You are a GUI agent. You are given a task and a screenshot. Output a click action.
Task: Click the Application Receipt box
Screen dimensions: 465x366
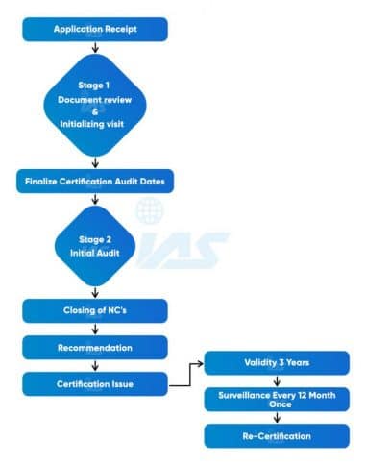94,29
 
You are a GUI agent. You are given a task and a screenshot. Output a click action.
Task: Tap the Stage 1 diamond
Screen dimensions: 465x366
94,105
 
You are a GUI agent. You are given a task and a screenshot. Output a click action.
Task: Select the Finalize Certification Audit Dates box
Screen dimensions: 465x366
94,181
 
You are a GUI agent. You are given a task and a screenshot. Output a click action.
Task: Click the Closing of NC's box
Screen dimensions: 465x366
94,311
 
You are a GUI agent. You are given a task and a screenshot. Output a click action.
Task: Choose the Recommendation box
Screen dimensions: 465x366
94,347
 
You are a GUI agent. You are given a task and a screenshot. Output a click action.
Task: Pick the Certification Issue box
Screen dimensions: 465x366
94,384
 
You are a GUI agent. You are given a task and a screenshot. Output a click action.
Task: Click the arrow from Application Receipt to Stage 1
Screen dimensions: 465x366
94,46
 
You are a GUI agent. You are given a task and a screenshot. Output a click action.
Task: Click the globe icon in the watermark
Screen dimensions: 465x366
150,210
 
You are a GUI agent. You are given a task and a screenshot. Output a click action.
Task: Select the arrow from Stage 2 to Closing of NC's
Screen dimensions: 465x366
94,291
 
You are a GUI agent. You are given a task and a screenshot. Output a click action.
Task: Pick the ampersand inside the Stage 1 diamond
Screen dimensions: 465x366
94,110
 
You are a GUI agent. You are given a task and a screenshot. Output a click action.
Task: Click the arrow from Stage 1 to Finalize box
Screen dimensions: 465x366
94,162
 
